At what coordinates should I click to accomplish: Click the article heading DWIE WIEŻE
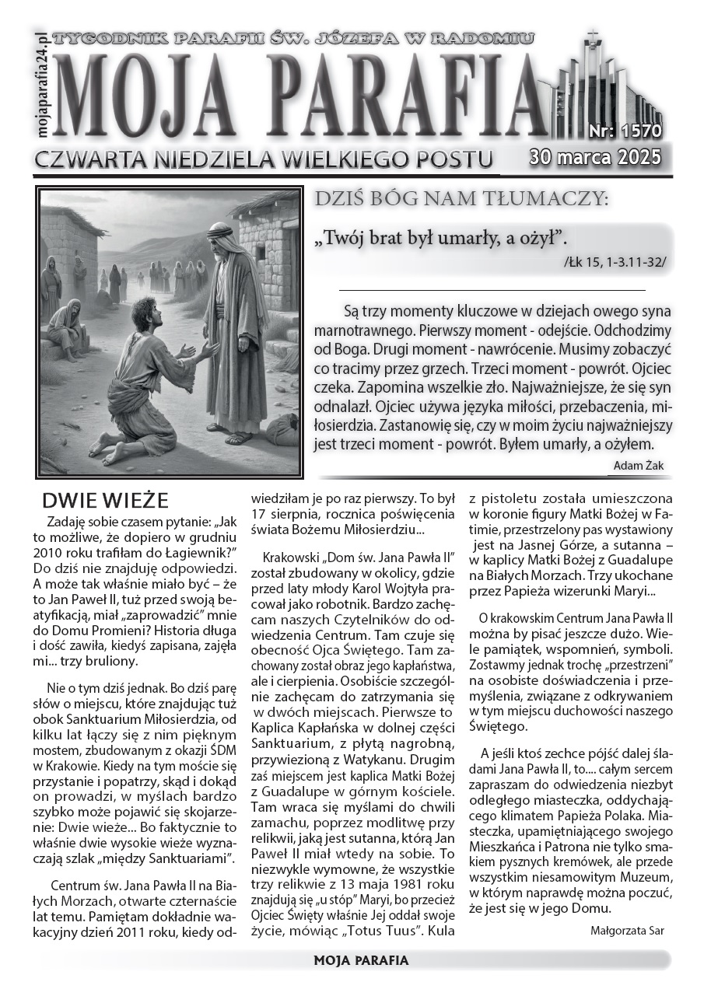tap(105, 499)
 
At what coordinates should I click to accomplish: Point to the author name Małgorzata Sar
tap(627, 930)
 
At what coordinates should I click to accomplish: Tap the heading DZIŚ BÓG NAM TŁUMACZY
tap(461, 200)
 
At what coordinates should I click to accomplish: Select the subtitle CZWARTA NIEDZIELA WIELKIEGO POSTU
tap(263, 159)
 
